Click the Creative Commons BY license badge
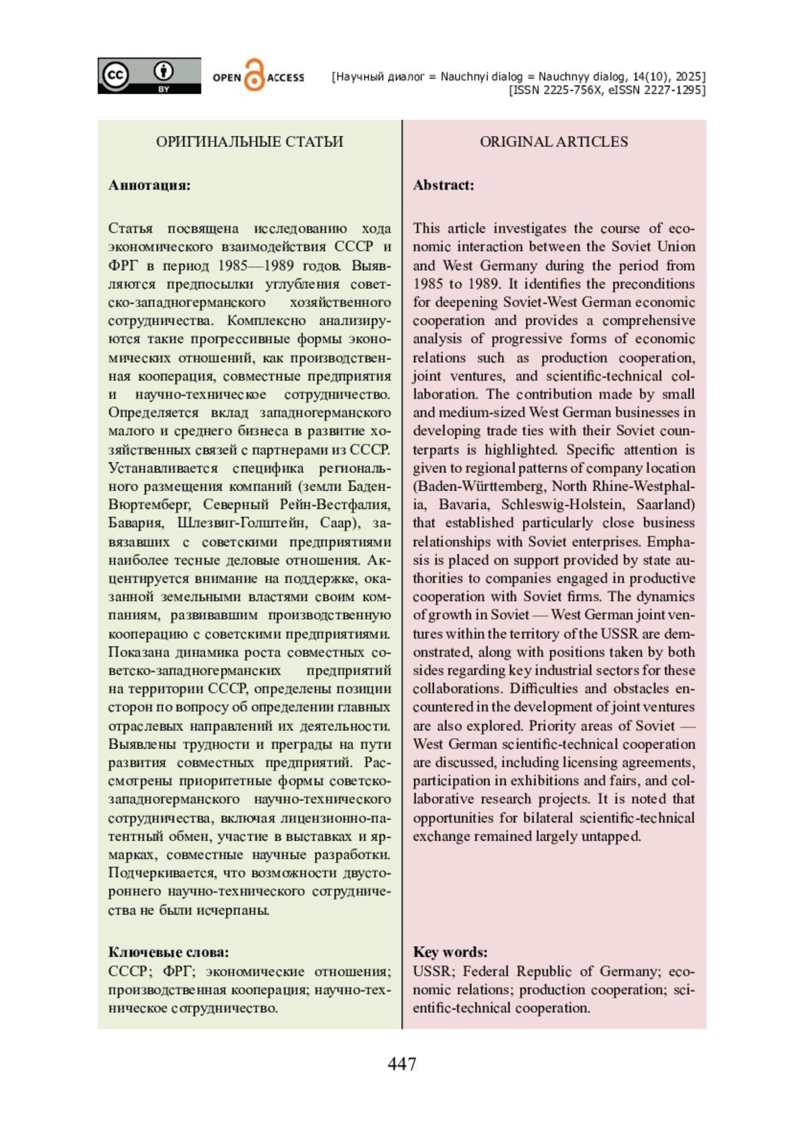(149, 76)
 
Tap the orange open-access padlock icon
(254, 75)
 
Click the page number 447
(401, 1064)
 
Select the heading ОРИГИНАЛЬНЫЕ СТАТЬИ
(249, 141)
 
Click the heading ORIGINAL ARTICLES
(553, 141)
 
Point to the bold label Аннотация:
(149, 185)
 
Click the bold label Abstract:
(443, 185)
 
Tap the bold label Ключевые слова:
(168, 952)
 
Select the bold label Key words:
(450, 952)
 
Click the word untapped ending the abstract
(614, 836)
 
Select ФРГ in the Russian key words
(178, 972)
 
